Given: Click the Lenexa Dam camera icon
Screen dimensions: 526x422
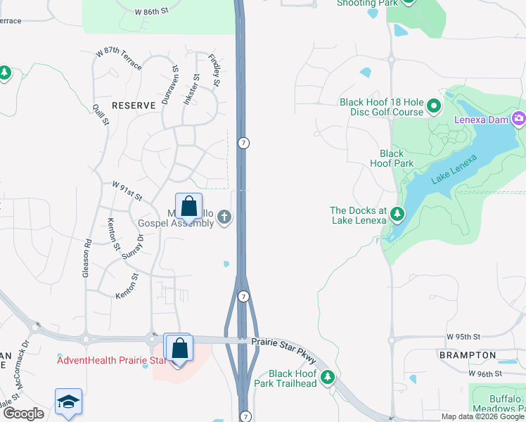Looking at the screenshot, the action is pyautogui.click(x=519, y=117).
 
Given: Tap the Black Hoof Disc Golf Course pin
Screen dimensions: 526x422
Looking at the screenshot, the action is pyautogui.click(x=434, y=108).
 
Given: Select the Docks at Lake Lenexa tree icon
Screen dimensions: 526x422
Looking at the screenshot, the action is pyautogui.click(x=397, y=212).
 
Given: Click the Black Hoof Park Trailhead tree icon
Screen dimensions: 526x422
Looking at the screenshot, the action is pyautogui.click(x=327, y=377).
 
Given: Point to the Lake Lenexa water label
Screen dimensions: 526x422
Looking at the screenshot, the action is pyautogui.click(x=454, y=170).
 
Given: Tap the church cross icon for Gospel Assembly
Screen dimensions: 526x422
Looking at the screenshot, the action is pyautogui.click(x=224, y=217).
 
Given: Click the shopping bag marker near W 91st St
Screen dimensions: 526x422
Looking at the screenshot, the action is pyautogui.click(x=188, y=206).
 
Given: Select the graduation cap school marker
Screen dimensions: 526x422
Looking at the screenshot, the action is pyautogui.click(x=69, y=402).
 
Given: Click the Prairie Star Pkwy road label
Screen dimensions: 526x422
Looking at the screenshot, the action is pyautogui.click(x=283, y=347).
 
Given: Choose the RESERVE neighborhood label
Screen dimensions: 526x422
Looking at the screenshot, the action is pyautogui.click(x=133, y=105).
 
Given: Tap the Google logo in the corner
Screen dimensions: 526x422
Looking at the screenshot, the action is pyautogui.click(x=23, y=414).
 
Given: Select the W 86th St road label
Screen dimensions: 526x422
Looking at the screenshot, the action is pyautogui.click(x=152, y=12).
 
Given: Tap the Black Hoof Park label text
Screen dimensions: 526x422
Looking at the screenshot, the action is pyautogui.click(x=392, y=158).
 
